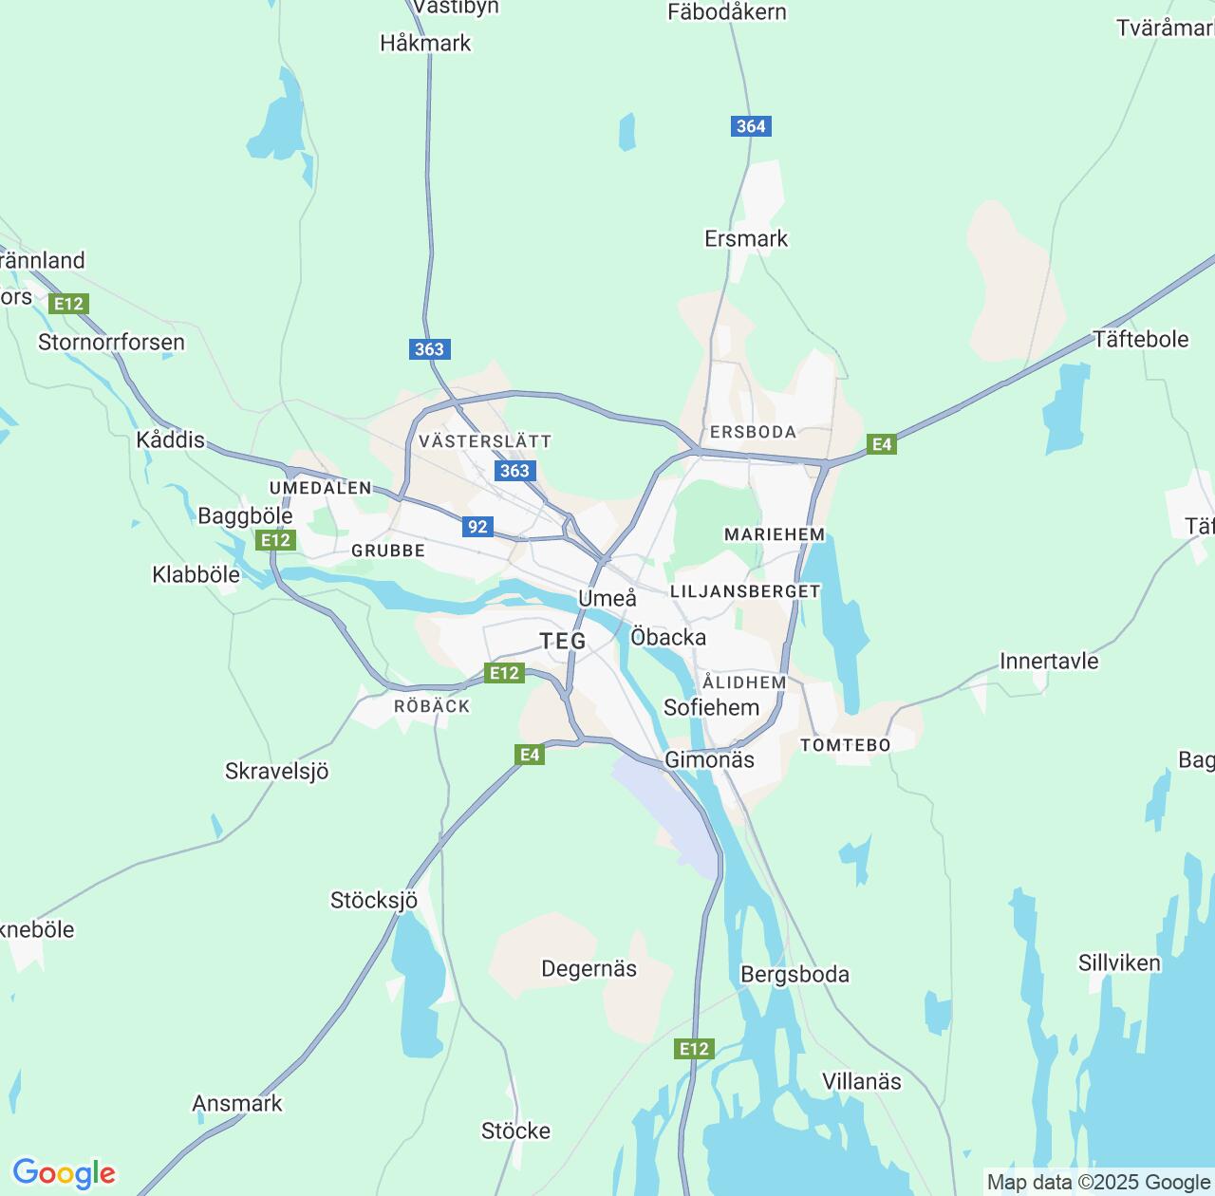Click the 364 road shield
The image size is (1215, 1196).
click(x=751, y=126)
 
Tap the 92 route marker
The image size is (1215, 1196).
click(x=477, y=527)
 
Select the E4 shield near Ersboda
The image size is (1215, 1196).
click(x=882, y=443)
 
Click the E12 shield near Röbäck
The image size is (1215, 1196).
click(x=503, y=673)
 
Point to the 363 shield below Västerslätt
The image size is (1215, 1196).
click(x=514, y=471)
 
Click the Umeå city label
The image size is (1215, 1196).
click(x=607, y=598)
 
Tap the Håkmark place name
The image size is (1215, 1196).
click(x=425, y=43)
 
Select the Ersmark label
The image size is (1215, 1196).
click(x=746, y=238)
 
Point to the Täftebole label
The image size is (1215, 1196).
click(x=1140, y=339)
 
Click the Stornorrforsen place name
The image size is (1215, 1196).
click(x=111, y=342)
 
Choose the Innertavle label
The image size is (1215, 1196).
click(x=1049, y=661)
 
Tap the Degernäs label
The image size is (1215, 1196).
click(x=589, y=968)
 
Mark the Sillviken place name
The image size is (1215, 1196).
click(x=1119, y=962)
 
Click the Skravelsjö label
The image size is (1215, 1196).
click(x=276, y=771)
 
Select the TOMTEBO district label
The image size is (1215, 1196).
click(x=846, y=745)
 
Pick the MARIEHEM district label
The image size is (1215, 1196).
click(x=775, y=534)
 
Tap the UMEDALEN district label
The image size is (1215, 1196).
click(x=321, y=488)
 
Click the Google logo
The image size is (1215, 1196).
click(x=64, y=1173)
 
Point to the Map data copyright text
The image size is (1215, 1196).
click(x=1098, y=1182)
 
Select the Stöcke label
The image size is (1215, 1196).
click(x=515, y=1131)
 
